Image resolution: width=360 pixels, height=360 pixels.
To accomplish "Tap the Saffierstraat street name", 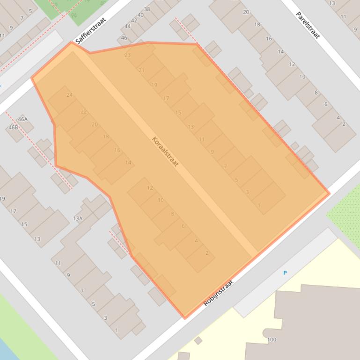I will (91, 30).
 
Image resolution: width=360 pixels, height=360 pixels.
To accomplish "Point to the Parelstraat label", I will (308, 25).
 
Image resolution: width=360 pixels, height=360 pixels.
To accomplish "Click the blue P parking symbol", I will (285, 273).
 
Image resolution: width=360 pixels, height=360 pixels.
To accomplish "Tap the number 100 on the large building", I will (272, 339).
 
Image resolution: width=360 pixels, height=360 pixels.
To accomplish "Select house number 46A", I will (22, 119).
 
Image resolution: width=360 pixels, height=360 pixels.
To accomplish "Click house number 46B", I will (13, 127).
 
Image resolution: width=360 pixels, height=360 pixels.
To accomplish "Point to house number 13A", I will (78, 218).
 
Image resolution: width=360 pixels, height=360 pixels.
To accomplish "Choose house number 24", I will (70, 95).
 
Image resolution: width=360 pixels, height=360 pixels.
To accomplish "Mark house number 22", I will (84, 112).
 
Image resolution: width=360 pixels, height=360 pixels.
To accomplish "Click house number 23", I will (127, 55).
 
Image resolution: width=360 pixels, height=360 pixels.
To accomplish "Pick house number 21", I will (141, 70).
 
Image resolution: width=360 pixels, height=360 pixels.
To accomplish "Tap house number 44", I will (128, 26).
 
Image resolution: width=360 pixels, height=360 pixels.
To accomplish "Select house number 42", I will (134, 21).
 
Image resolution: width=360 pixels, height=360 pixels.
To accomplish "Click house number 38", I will (147, 9).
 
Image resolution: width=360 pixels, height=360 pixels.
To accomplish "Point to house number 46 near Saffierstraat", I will (124, 38).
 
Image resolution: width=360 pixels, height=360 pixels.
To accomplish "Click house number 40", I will (140, 15).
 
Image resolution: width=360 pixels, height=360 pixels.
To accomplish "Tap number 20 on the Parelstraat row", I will (246, 12).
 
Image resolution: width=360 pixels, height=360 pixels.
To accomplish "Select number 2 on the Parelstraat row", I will (344, 124).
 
